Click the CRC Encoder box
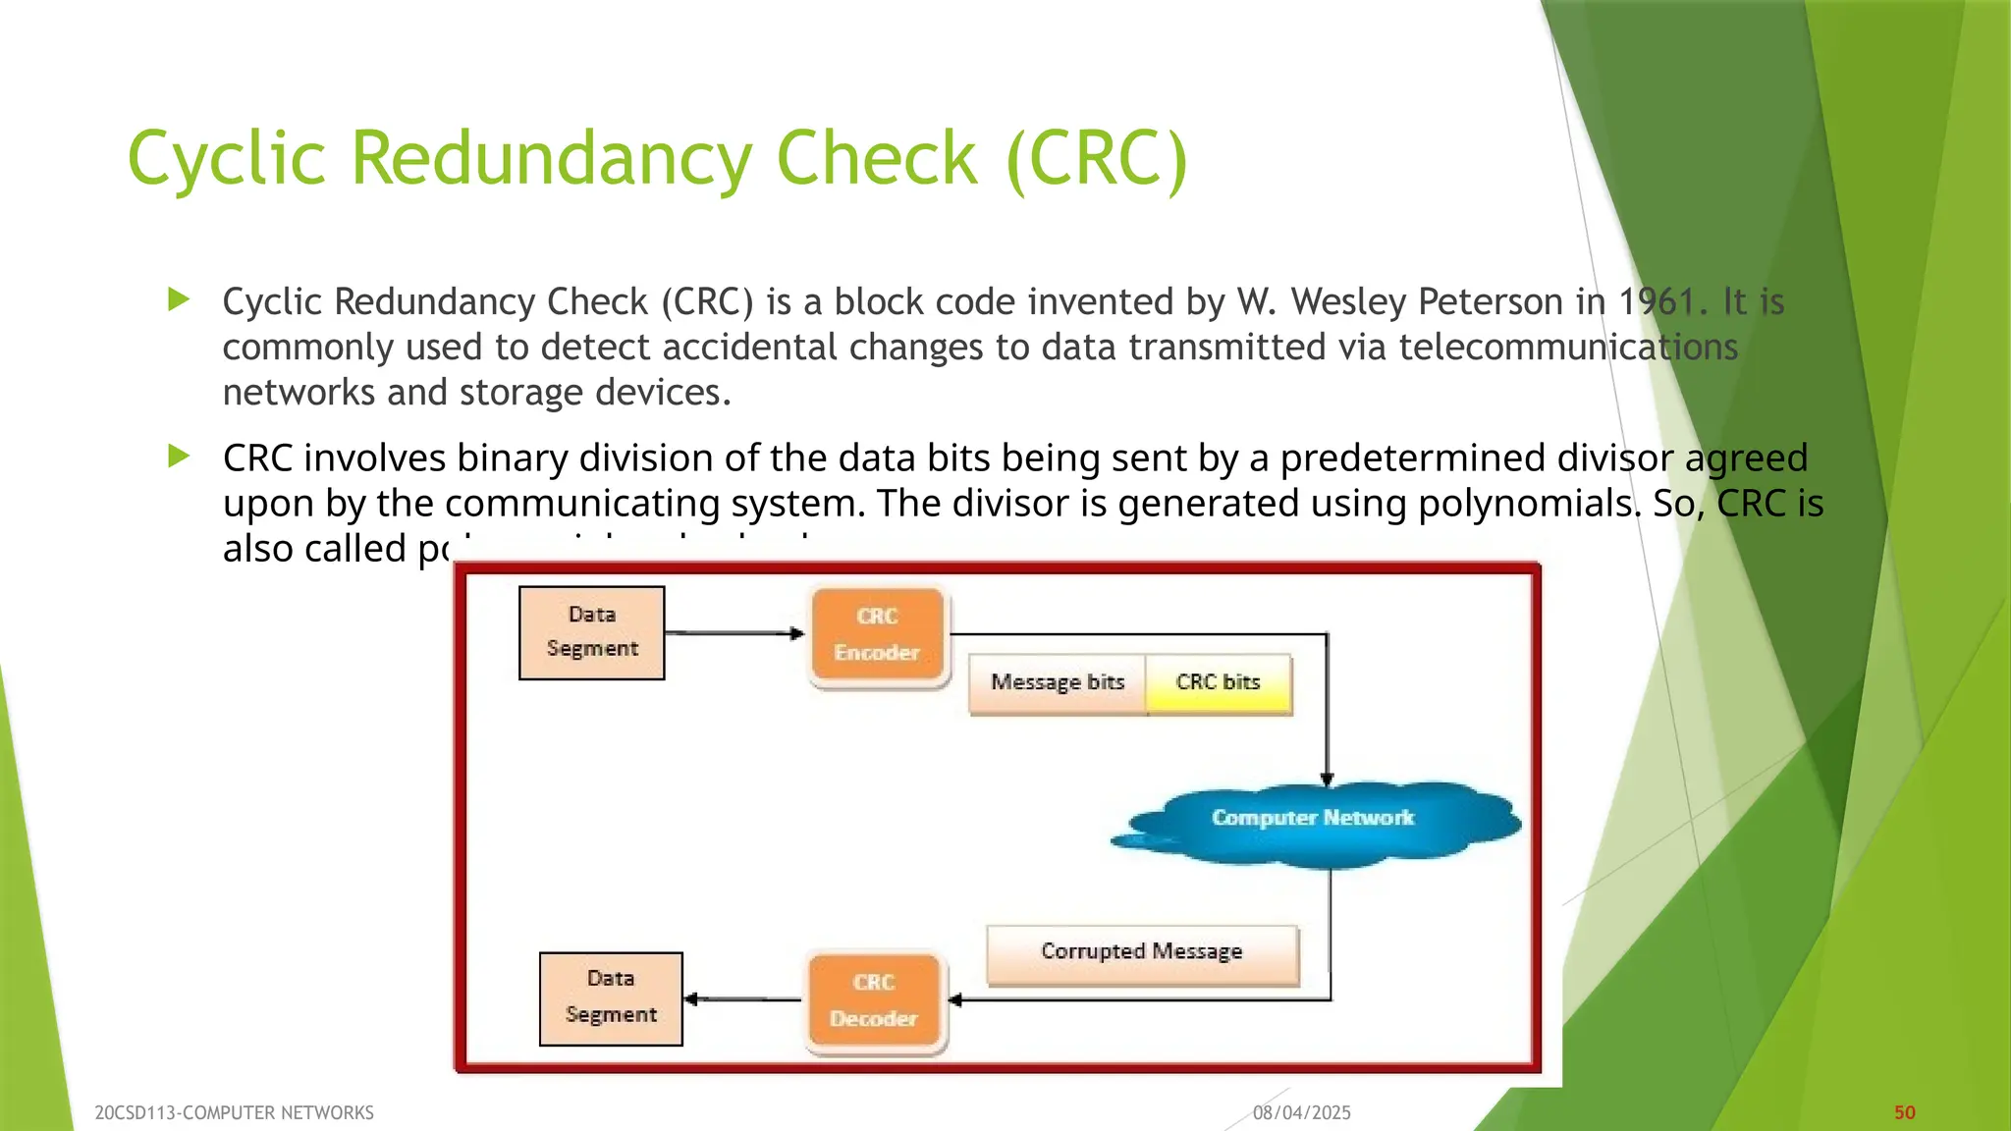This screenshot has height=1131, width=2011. click(x=878, y=635)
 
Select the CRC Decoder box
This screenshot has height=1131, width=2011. click(x=874, y=1000)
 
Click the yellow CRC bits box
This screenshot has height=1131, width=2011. click(x=1218, y=682)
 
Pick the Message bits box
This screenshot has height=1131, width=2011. click(x=1057, y=682)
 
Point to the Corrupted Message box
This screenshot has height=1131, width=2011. click(x=1142, y=952)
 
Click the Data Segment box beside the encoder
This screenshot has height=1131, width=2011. click(x=592, y=632)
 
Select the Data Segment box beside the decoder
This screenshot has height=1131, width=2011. click(x=611, y=997)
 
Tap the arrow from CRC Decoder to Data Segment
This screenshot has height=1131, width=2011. click(x=742, y=998)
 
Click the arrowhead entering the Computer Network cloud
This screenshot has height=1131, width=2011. click(x=1327, y=779)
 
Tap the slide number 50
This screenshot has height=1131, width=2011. click(x=1904, y=1112)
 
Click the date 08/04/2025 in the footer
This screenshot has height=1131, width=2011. click(x=1301, y=1112)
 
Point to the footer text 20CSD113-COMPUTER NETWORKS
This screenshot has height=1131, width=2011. click(x=234, y=1112)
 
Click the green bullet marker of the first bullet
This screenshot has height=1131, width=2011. click(x=179, y=299)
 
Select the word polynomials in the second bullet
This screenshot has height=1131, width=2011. click(x=1529, y=504)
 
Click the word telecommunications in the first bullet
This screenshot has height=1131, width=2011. click(x=1567, y=347)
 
